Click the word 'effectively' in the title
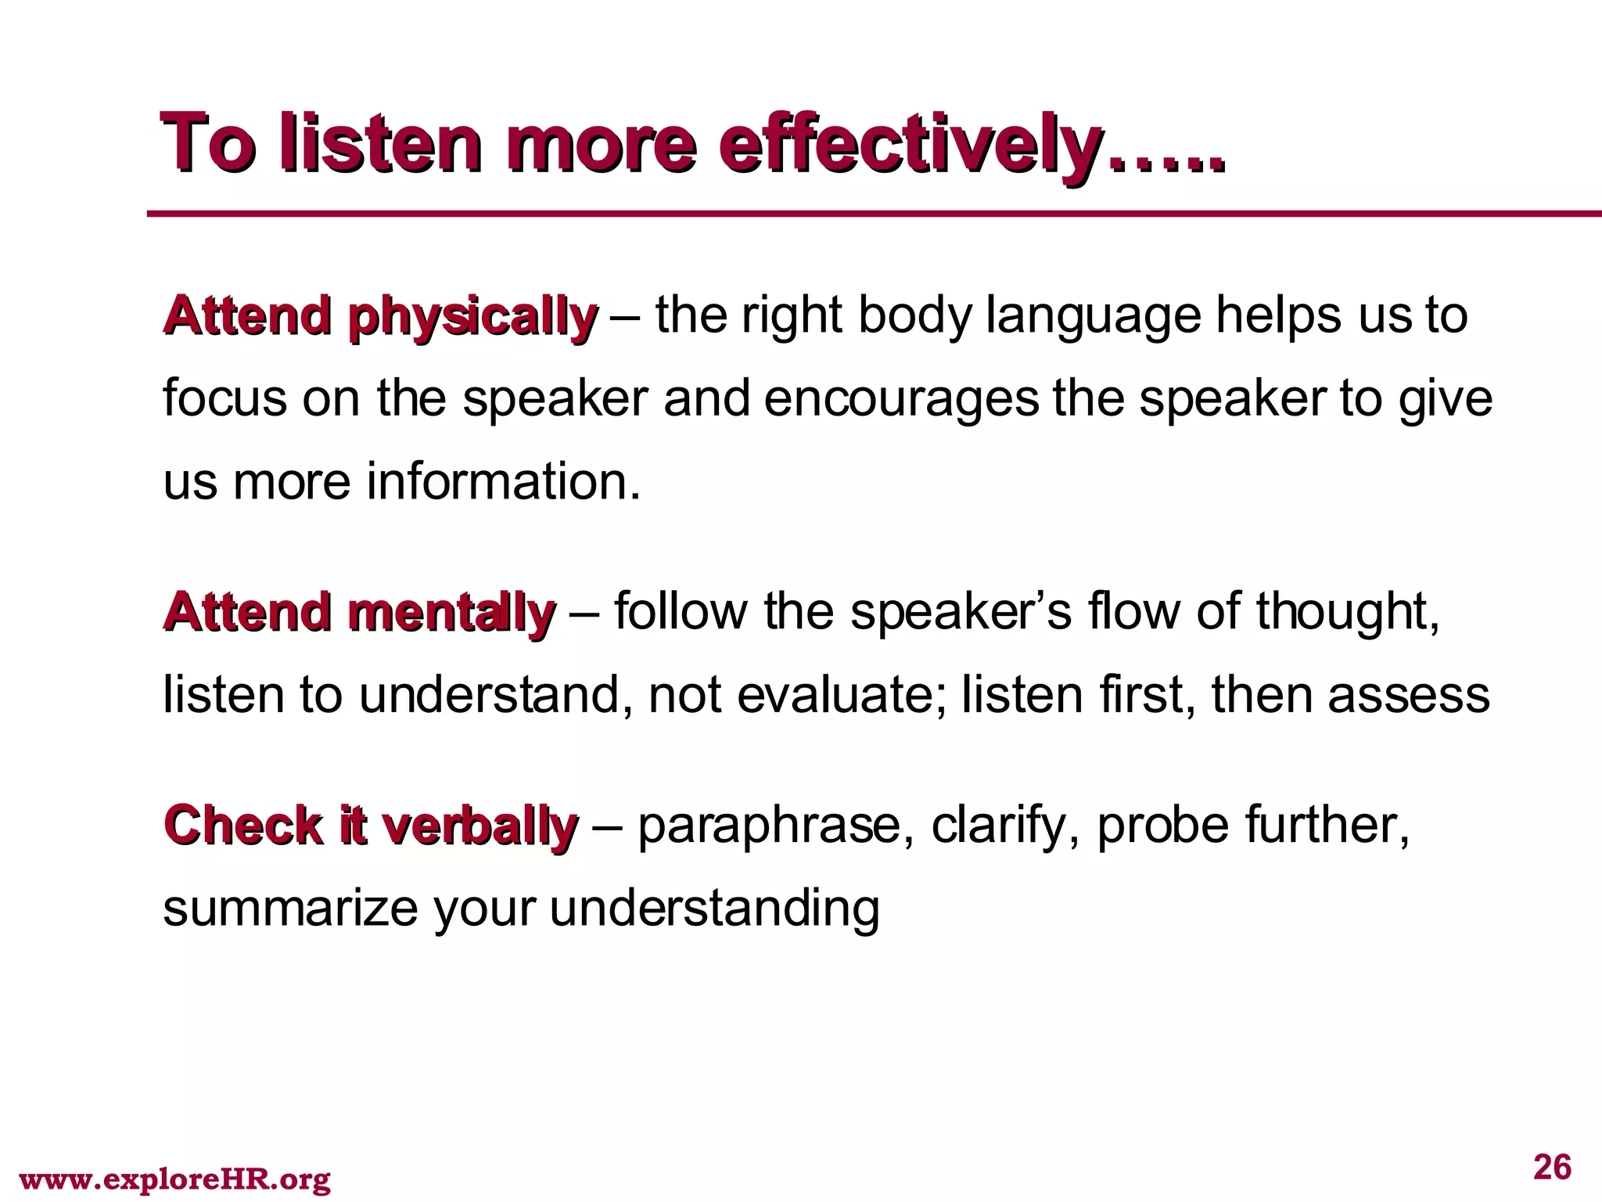coord(907,146)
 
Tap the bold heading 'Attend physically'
coord(379,318)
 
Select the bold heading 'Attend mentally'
coord(359,613)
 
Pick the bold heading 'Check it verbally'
coord(370,827)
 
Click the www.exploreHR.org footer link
coord(174,1179)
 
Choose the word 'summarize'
coord(290,909)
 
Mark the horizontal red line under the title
coord(860,214)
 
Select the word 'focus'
coord(224,399)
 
